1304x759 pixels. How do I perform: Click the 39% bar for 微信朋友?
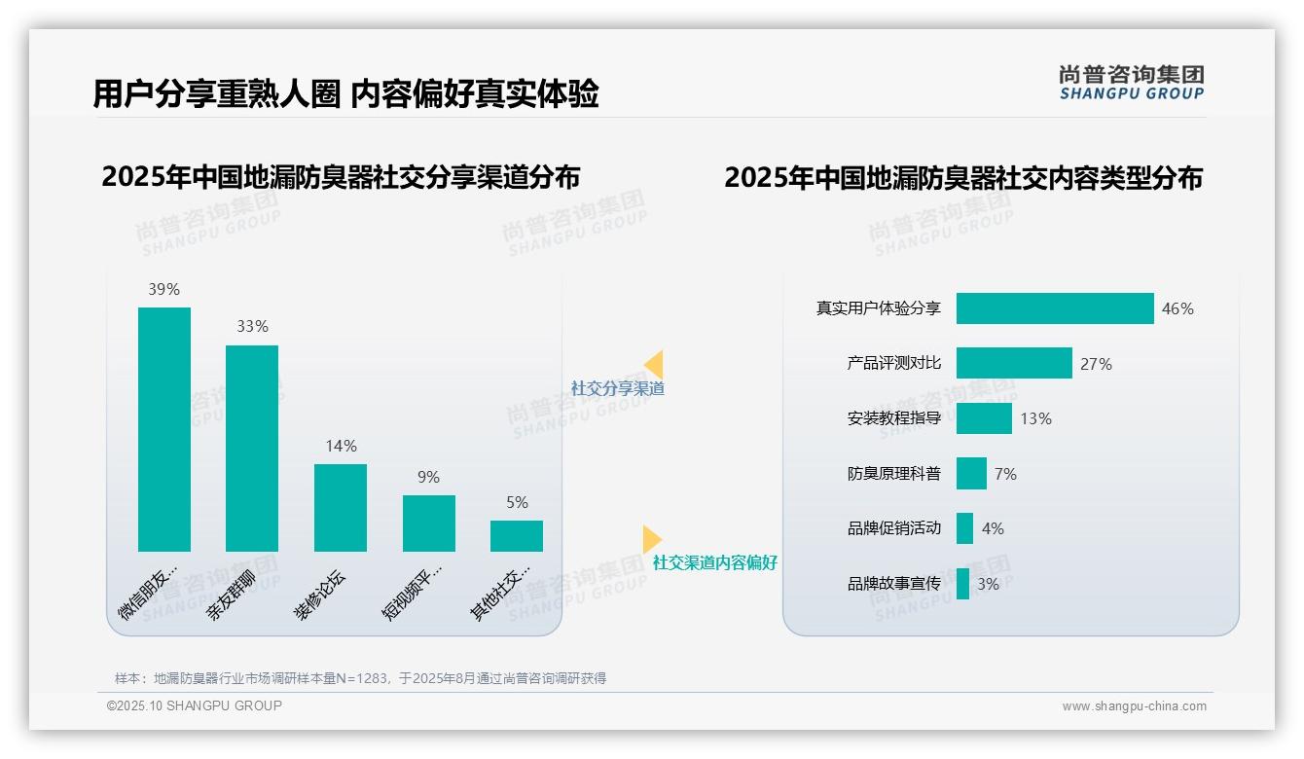(164, 429)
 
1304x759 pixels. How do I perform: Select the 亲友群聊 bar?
(252, 448)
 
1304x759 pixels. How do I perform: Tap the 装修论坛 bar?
(341, 507)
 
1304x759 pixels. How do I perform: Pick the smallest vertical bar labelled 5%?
(517, 535)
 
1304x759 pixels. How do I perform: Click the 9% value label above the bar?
(428, 477)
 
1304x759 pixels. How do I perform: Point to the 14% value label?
(341, 446)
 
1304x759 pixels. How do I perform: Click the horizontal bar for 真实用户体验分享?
(1055, 308)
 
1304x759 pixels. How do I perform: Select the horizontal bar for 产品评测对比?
(1014, 363)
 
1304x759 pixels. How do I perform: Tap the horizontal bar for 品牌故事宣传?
(962, 584)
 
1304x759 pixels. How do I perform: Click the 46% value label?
(1177, 308)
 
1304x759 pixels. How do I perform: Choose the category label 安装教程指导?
(894, 418)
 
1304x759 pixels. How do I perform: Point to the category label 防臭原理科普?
(894, 474)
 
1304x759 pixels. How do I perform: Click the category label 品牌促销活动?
(894, 528)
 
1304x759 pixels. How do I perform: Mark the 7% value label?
(1005, 474)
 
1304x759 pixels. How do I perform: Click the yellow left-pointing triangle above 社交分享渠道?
(655, 364)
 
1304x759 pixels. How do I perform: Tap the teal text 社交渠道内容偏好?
(715, 562)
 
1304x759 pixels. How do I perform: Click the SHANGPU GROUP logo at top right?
(1132, 83)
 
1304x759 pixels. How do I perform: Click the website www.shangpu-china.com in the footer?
(1134, 706)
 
